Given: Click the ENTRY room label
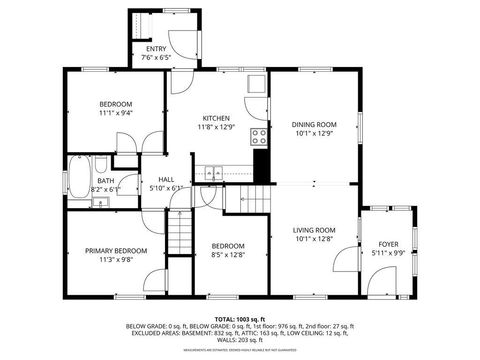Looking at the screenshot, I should pyautogui.click(x=156, y=48).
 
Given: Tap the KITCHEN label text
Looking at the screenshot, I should pyautogui.click(x=216, y=117).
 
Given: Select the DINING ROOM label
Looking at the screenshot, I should pyautogui.click(x=313, y=125).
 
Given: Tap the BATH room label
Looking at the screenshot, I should pyautogui.click(x=105, y=181).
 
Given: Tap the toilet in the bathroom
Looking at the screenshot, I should pyautogui.click(x=100, y=163).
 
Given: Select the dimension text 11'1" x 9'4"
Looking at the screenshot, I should pyautogui.click(x=117, y=113).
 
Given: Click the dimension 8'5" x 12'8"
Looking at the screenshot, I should pyautogui.click(x=227, y=255).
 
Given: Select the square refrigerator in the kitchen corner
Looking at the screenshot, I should pyautogui.click(x=257, y=84).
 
